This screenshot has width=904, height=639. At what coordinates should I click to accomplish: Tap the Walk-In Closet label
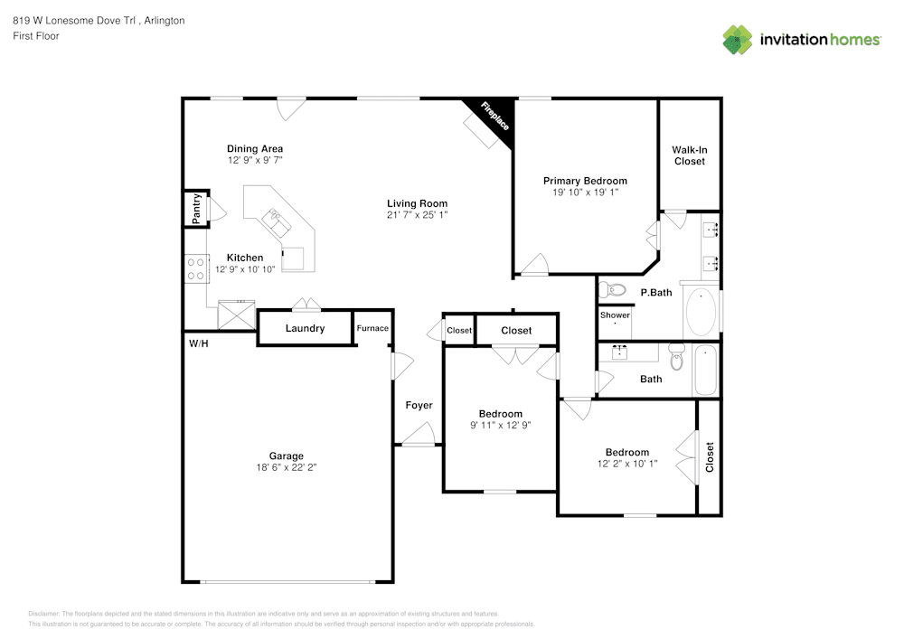688,155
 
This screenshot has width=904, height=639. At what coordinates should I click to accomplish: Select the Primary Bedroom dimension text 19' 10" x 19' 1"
585,193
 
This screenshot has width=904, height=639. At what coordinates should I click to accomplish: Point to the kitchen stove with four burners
194,268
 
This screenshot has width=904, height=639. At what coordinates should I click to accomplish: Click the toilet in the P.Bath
615,290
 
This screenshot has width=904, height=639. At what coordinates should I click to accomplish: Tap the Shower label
615,315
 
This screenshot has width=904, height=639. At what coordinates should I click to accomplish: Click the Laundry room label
305,328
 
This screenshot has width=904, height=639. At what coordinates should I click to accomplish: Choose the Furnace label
372,328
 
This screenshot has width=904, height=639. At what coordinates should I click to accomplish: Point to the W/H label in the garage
198,344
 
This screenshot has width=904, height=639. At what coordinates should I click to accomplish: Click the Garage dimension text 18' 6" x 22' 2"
286,468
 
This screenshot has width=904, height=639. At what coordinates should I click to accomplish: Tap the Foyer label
419,406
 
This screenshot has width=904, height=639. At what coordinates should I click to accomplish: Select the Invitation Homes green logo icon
738,39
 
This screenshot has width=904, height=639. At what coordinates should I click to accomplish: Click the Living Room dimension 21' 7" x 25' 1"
417,215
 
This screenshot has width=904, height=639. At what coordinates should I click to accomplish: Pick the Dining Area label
255,149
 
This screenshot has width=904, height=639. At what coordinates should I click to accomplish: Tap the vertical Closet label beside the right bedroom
710,456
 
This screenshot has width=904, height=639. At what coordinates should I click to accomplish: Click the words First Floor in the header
36,36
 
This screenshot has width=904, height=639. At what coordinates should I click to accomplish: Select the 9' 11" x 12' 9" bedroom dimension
500,425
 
